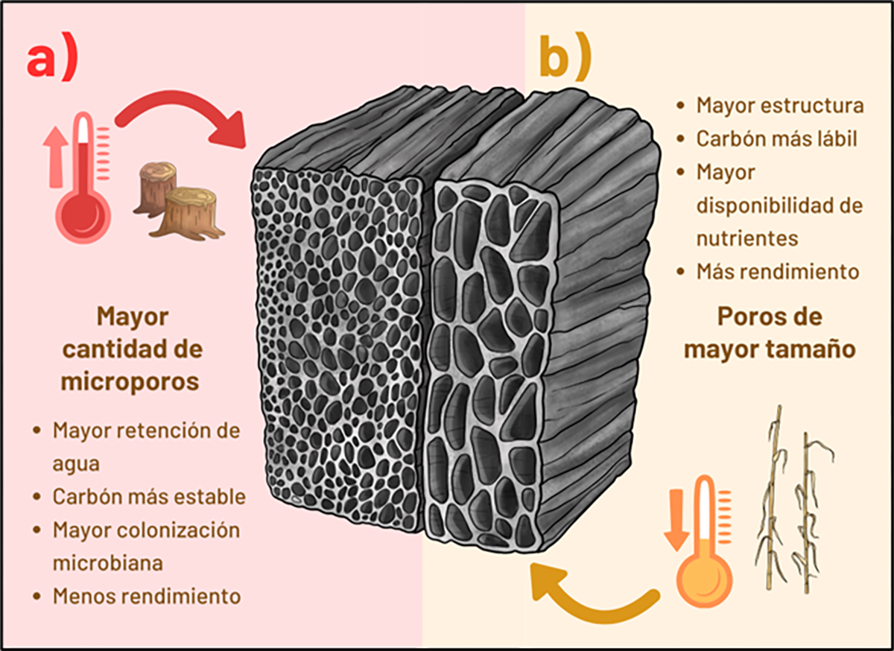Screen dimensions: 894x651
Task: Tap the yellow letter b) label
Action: (x=565, y=57)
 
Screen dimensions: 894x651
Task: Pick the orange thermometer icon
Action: (x=706, y=541)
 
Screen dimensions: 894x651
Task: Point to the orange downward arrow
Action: (x=676, y=520)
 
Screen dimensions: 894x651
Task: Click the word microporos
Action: (x=130, y=382)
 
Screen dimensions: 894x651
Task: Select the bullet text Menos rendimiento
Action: (x=147, y=597)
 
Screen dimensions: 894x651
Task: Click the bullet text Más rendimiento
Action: (x=778, y=271)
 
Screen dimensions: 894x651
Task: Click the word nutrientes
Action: (x=747, y=238)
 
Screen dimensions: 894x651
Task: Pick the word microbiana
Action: (x=108, y=563)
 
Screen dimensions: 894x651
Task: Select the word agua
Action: (x=76, y=465)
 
